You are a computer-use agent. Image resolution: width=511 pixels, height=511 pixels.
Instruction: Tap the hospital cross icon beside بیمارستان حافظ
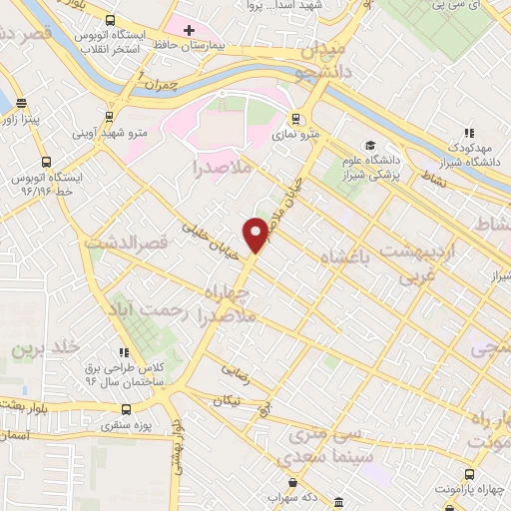(189, 29)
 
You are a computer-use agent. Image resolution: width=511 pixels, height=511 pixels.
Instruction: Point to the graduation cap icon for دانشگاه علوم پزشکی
(369, 146)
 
